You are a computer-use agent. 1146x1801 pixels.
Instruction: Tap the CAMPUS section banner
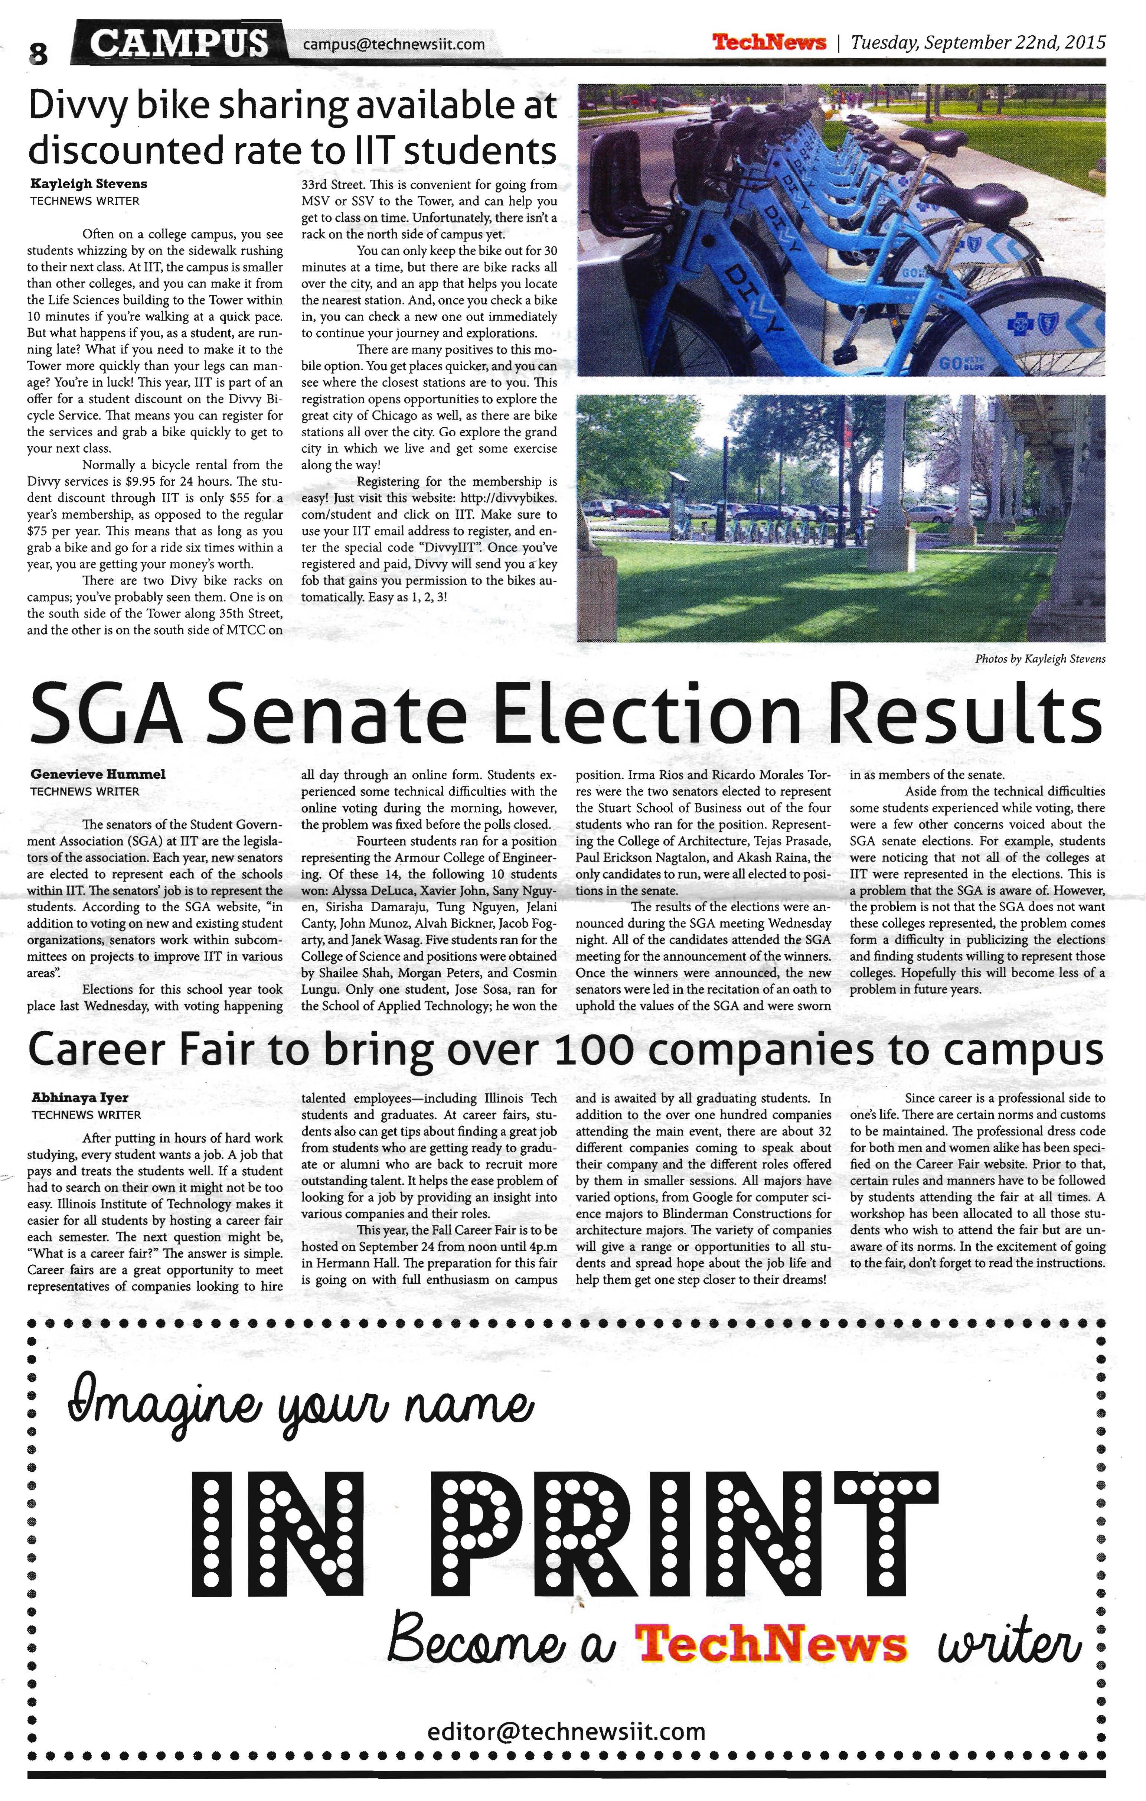181,43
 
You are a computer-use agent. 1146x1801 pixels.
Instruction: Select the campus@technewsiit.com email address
393,45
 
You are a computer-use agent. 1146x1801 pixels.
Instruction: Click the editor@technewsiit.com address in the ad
567,1732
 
